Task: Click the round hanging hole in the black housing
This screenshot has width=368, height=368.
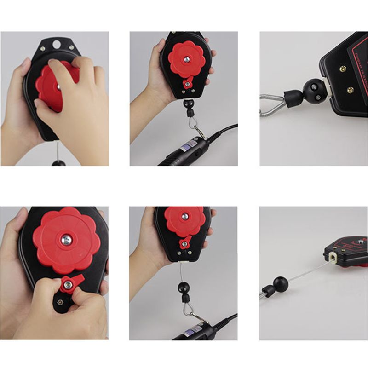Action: click(x=57, y=45)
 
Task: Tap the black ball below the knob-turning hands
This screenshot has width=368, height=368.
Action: click(x=57, y=163)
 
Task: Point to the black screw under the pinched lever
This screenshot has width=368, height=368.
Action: click(x=60, y=302)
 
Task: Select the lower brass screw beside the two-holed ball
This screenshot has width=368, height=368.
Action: click(x=351, y=90)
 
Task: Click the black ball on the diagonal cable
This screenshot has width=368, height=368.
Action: click(x=280, y=284)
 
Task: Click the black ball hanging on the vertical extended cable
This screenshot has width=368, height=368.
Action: click(x=184, y=288)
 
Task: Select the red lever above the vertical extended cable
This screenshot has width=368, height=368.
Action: click(x=185, y=242)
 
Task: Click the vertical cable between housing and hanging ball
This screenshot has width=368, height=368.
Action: click(x=183, y=271)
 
